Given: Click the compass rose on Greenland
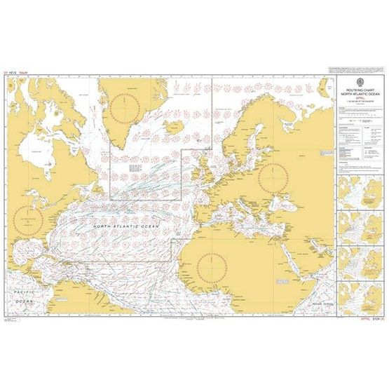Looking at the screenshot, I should [125, 106].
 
